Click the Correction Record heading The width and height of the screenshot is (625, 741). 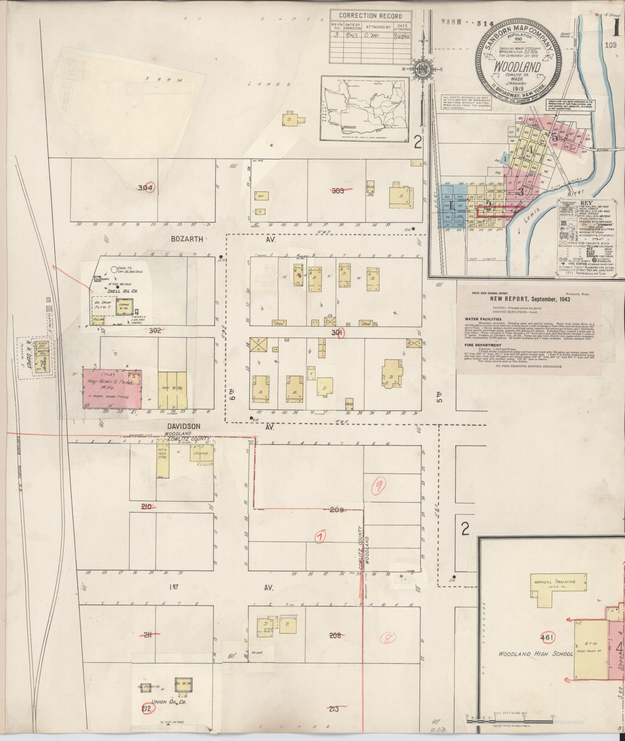pyautogui.click(x=370, y=16)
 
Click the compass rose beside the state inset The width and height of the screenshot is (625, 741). pyautogui.click(x=421, y=70)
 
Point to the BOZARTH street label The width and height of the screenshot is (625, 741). pyautogui.click(x=187, y=239)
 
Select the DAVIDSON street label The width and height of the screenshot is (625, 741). pyautogui.click(x=184, y=426)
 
